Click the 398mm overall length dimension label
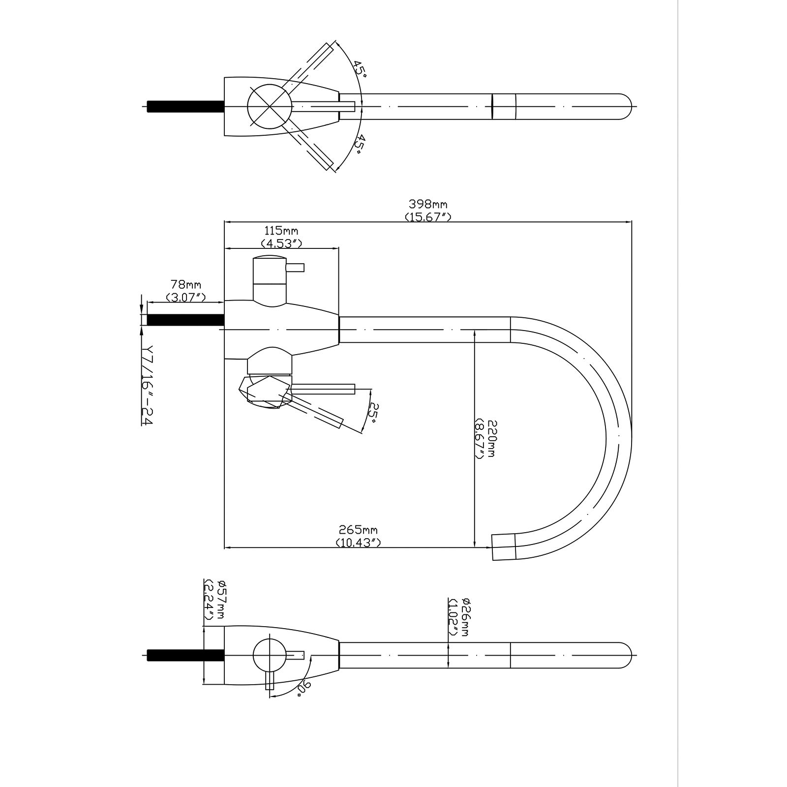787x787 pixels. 427,204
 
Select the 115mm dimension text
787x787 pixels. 281,231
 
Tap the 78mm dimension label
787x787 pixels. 185,285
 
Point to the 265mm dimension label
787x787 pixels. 358,530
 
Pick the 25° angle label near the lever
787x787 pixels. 374,414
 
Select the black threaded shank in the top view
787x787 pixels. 185,107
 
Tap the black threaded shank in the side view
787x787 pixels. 185,320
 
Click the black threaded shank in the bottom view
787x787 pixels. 185,655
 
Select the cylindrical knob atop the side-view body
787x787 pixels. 269,278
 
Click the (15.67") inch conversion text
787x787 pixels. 428,216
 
